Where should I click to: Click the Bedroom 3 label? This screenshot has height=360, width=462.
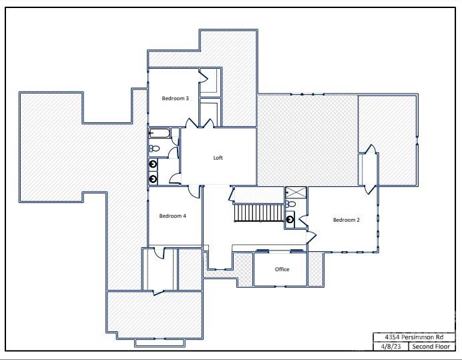(175, 99)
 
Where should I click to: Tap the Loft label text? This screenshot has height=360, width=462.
(218, 158)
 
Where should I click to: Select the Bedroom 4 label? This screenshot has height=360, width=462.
(172, 216)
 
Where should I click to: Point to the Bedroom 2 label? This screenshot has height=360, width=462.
(346, 220)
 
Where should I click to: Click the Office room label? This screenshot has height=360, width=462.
(282, 270)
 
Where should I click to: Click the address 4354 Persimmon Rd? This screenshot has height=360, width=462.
(414, 337)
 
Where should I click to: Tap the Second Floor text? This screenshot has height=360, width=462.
(431, 347)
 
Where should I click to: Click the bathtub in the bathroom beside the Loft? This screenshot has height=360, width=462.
(160, 133)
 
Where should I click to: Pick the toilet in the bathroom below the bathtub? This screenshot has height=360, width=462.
(153, 148)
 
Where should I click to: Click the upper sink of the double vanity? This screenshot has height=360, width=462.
(154, 164)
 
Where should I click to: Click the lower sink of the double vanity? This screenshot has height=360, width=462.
(154, 178)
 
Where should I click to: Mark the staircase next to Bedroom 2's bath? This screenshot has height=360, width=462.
(257, 213)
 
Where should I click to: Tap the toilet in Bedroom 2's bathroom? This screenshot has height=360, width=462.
(290, 204)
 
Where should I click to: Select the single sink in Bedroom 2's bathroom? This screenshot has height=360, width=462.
(290, 219)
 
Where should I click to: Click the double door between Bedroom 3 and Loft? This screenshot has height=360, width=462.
(200, 124)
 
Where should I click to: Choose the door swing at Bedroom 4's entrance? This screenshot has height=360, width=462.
(194, 191)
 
